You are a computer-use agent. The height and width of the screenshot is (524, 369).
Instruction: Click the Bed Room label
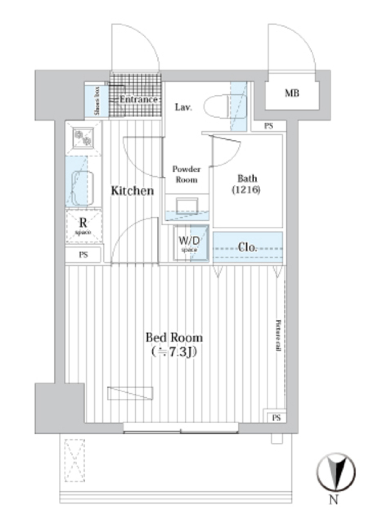[174, 338]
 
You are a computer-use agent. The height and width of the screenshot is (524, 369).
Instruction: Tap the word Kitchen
[132, 191]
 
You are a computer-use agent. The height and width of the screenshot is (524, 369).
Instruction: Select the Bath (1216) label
[247, 184]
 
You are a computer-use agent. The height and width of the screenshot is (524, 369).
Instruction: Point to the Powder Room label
[186, 174]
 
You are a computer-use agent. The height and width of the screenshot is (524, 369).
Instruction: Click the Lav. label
[183, 107]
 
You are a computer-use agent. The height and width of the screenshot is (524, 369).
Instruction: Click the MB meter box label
[292, 93]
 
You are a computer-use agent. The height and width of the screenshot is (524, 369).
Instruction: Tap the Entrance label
[138, 99]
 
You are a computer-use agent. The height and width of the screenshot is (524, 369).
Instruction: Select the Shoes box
[96, 101]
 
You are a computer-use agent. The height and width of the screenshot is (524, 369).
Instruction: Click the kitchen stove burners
[84, 138]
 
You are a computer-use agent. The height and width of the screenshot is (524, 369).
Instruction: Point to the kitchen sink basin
[83, 188]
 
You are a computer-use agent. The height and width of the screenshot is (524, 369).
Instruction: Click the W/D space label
[189, 243]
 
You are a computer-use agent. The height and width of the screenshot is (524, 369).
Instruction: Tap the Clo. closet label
[247, 247]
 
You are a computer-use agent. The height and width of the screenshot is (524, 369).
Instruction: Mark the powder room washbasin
[186, 206]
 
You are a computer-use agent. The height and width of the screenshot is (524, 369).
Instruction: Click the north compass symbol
[336, 471]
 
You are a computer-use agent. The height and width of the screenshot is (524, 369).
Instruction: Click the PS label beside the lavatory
[269, 126]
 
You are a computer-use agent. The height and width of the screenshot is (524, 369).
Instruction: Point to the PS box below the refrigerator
[83, 255]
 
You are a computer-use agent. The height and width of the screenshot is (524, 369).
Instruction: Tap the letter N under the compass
[333, 500]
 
